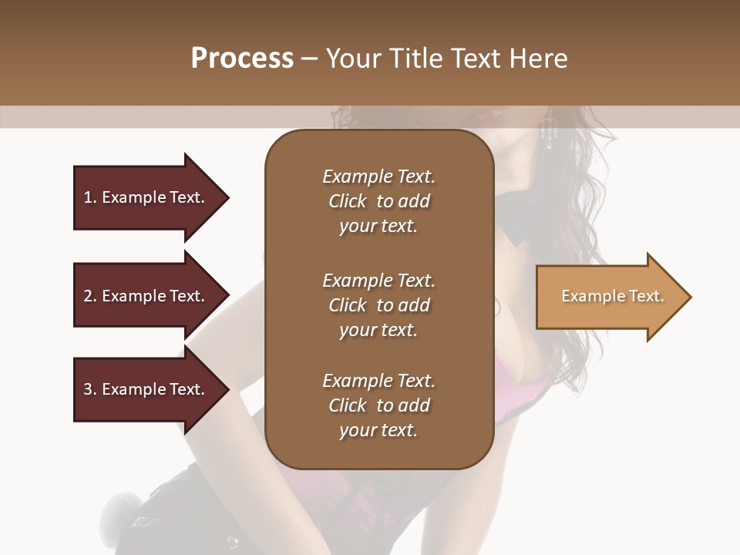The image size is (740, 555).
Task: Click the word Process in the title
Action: [242, 58]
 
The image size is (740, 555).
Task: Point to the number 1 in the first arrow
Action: [88, 197]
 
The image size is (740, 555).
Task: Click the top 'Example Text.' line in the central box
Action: [378, 177]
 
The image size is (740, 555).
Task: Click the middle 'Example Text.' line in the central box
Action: [378, 281]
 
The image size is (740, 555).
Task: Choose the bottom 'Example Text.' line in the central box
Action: [378, 381]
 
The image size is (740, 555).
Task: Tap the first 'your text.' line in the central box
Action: [378, 227]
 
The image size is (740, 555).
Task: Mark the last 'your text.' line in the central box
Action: [378, 431]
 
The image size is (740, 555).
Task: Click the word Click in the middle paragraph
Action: [348, 305]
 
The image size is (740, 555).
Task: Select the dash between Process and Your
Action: [310, 59]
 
